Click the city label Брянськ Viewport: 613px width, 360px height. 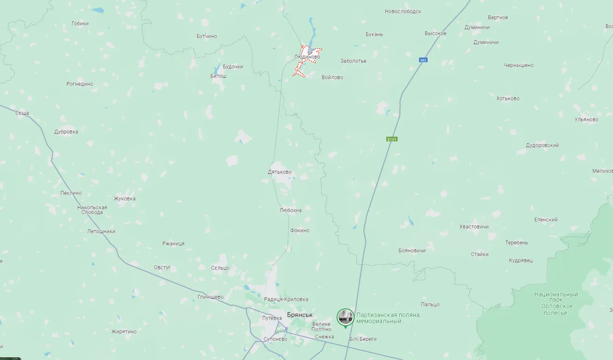click(300, 315)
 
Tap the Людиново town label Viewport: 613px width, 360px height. click(307, 57)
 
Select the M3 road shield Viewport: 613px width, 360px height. click(423, 60)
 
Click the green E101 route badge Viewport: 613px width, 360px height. click(391, 139)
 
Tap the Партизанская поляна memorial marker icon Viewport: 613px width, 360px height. click(346, 317)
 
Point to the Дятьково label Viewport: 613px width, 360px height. click(280, 172)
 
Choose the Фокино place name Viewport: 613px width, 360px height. click(300, 230)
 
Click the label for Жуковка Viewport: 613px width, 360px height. click(125, 198)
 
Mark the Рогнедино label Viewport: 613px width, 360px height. click(80, 84)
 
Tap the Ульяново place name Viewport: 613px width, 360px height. click(586, 119)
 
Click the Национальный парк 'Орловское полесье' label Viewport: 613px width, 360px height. click(556, 303)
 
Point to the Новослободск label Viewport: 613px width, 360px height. click(403, 11)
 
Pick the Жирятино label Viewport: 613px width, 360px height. click(124, 331)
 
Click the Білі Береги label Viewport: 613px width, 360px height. click(363, 339)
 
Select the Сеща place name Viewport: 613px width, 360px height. click(22, 113)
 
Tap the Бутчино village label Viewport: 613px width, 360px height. click(207, 36)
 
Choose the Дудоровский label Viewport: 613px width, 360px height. click(542, 145)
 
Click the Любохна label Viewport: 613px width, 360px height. click(290, 210)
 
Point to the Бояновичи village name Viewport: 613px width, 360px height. click(412, 250)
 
